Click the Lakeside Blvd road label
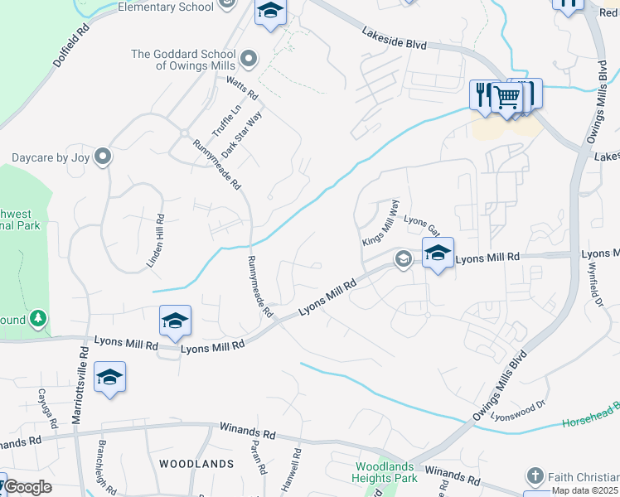pos(394,38)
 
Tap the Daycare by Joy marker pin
pos(103,157)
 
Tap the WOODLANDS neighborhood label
pos(196,464)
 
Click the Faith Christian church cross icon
pos(535,476)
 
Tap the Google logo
pos(28,487)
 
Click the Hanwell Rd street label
pos(296,468)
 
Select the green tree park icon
pos(37,318)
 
